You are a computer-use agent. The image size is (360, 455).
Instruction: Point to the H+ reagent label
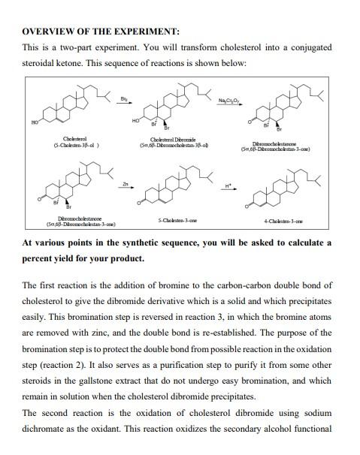(x=230, y=184)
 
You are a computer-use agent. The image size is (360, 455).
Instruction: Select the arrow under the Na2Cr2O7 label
(x=230, y=106)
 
